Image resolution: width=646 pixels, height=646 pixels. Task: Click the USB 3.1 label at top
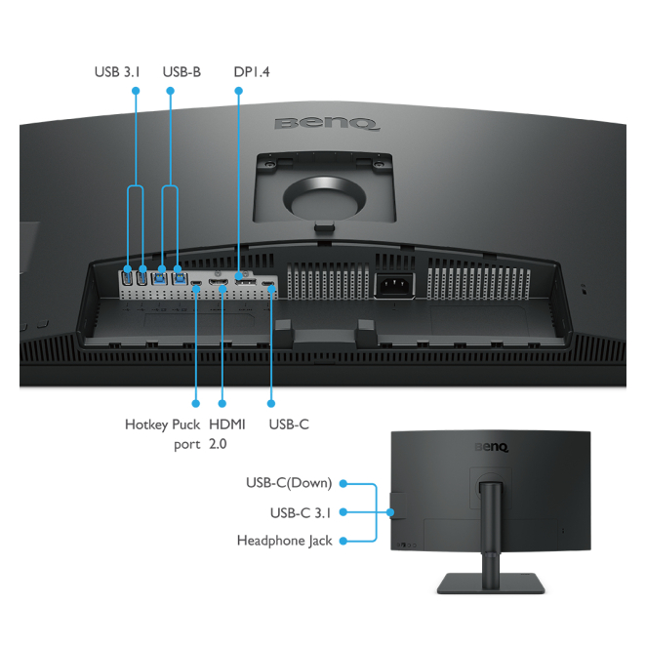(117, 72)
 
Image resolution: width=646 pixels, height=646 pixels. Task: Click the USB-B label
(182, 72)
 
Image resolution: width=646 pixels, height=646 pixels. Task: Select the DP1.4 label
(251, 72)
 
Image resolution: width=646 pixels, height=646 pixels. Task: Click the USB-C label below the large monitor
(288, 424)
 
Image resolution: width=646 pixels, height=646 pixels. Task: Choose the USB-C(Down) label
(289, 483)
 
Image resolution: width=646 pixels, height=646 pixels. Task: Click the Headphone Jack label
(285, 541)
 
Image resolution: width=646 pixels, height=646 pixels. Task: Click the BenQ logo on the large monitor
(327, 124)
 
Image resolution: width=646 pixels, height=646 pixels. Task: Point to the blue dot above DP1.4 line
(238, 91)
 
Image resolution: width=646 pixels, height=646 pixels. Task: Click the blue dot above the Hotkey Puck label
(196, 402)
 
